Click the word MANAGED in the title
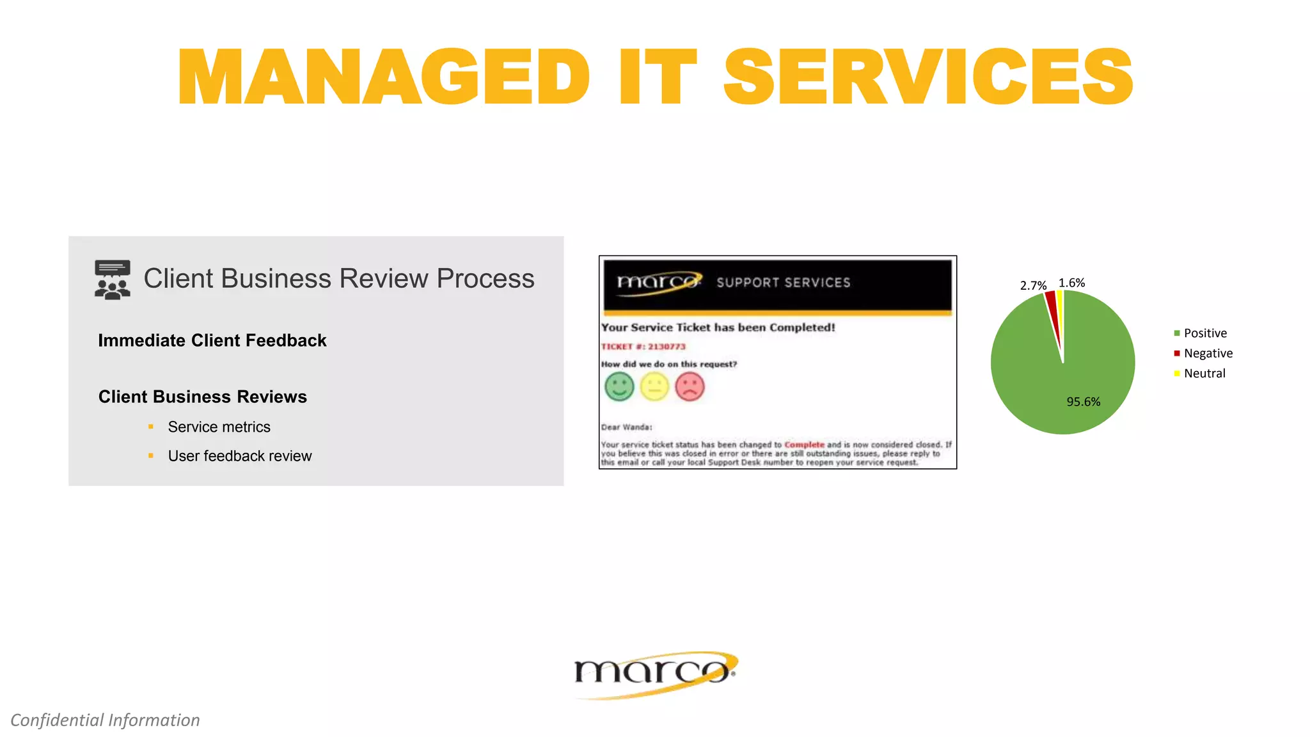[x=383, y=77]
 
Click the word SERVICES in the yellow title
[x=928, y=77]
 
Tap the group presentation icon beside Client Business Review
[x=113, y=280]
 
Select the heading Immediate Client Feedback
[x=212, y=340]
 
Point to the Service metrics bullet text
[x=219, y=427]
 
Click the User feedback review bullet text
[x=240, y=456]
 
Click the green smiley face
[x=619, y=386]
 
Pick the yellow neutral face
[x=654, y=386]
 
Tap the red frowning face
[x=690, y=386]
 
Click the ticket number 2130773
[x=667, y=347]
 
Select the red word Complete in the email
[x=804, y=445]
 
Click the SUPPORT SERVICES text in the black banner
[x=784, y=283]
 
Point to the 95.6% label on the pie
[x=1083, y=402]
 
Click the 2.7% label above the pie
[x=1033, y=285]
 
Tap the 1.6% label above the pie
[x=1071, y=283]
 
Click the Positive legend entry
[x=1205, y=333]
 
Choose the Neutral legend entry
[x=1204, y=374]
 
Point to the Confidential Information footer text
[x=106, y=720]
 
